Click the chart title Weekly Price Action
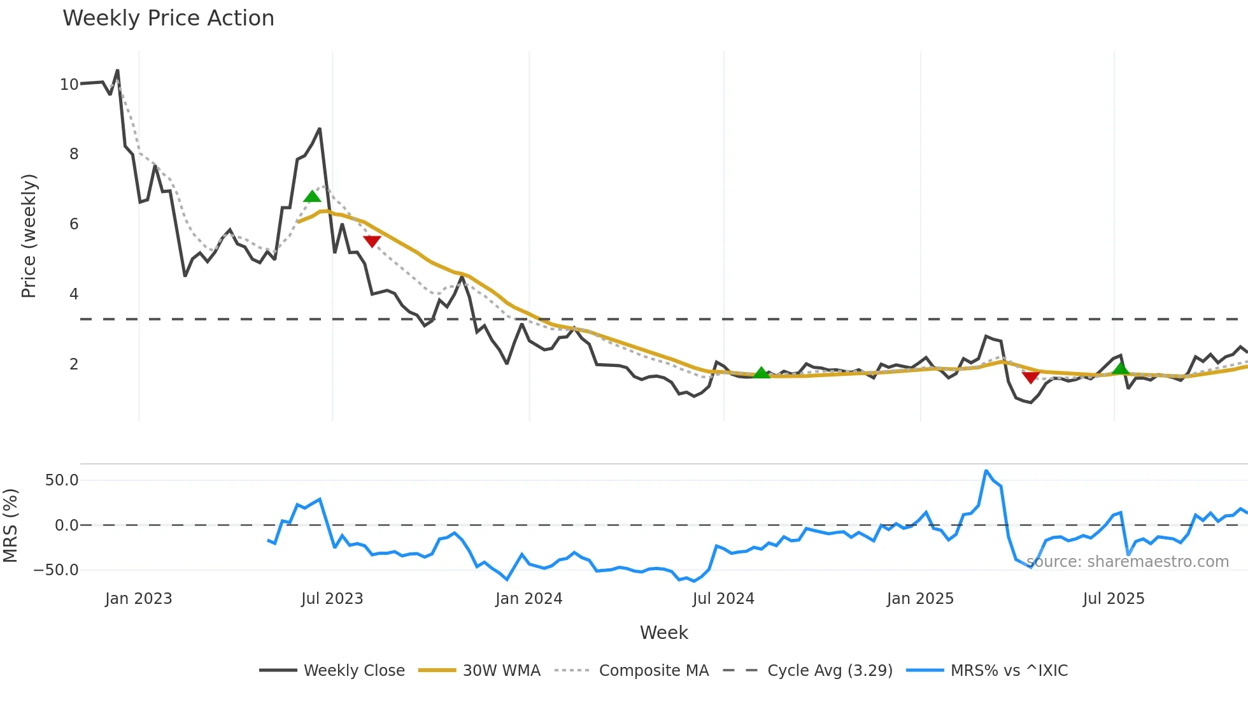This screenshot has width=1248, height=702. pyautogui.click(x=168, y=18)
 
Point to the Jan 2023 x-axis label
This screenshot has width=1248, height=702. pyautogui.click(x=139, y=599)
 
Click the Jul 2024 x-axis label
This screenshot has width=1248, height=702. pyautogui.click(x=723, y=599)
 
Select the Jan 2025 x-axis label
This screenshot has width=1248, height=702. pyautogui.click(x=920, y=599)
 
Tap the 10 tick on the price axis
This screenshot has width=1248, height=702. pyautogui.click(x=69, y=85)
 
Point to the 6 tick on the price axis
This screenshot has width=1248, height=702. pyautogui.click(x=74, y=224)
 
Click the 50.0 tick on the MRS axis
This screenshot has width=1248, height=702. pyautogui.click(x=62, y=480)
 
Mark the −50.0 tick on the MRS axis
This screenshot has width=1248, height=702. pyautogui.click(x=57, y=570)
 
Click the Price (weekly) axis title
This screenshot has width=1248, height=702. pyautogui.click(x=29, y=236)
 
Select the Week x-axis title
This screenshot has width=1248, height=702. pyautogui.click(x=663, y=633)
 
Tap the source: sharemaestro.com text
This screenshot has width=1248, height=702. pyautogui.click(x=1128, y=562)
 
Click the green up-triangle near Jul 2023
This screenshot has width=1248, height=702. pyautogui.click(x=312, y=196)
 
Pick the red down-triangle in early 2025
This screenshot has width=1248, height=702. pyautogui.click(x=1030, y=377)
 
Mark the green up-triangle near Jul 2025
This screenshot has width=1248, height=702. pyautogui.click(x=1121, y=368)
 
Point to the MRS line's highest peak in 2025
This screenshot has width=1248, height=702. pyautogui.click(x=986, y=471)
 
